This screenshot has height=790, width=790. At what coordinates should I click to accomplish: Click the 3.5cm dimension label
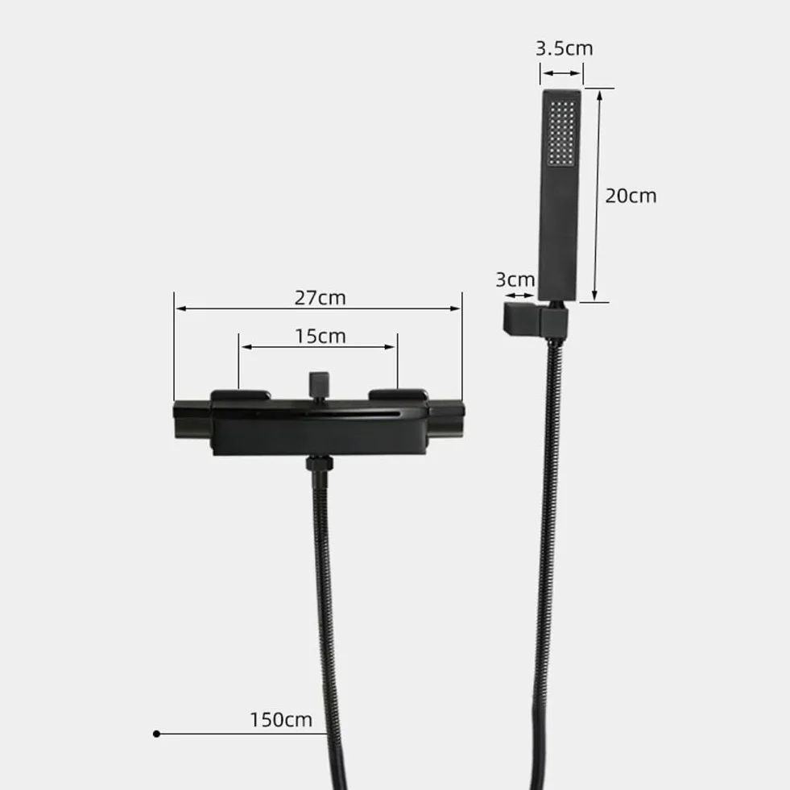564,48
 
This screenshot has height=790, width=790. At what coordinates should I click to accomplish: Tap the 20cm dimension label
631,196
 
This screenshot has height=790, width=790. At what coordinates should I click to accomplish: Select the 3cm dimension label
515,279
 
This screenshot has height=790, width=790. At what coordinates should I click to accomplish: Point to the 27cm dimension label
320,297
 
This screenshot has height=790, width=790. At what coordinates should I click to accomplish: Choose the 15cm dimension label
320,336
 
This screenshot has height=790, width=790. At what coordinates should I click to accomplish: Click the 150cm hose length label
281,719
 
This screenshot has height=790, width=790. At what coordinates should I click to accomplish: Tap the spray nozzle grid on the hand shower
562,133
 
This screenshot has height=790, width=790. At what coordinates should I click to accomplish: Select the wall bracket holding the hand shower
535,321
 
